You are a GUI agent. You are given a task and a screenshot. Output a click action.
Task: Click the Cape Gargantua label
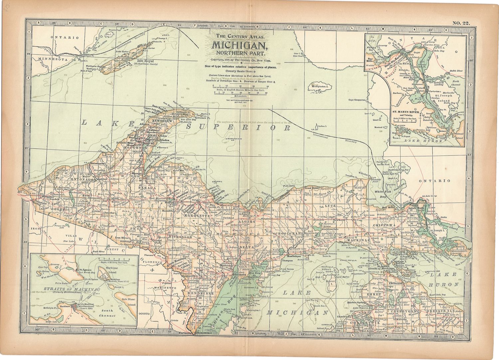pos(357,100)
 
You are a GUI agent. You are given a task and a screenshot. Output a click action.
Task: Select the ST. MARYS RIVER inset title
pos(407,112)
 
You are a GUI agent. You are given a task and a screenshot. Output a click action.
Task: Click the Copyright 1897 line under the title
pos(239,60)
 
